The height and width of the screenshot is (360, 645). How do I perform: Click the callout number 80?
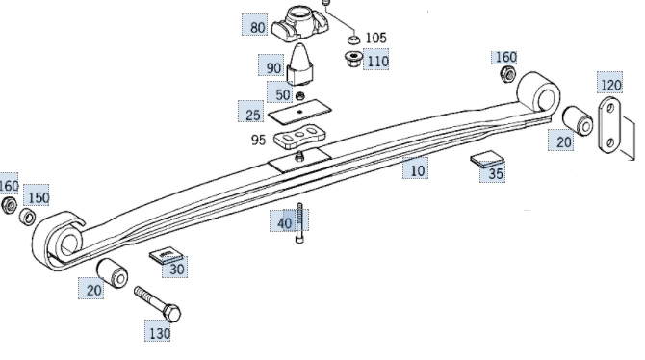257,28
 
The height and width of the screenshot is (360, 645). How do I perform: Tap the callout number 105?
376,38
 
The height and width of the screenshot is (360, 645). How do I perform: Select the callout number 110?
377,62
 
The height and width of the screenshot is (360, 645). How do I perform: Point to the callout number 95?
258,140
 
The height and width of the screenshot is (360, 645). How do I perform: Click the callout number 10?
417,170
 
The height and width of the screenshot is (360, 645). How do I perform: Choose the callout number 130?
159,333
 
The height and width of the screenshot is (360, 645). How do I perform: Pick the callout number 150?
39,198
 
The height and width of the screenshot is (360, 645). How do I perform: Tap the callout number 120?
611,85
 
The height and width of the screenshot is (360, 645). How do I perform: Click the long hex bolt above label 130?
158,304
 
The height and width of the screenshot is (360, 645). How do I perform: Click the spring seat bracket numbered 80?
300,23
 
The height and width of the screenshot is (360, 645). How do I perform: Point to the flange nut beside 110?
353,60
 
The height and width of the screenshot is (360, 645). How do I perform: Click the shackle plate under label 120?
610,125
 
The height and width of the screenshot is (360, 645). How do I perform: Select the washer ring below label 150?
28,217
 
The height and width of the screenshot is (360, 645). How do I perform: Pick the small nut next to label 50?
300,96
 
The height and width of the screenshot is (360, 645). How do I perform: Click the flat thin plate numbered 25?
299,112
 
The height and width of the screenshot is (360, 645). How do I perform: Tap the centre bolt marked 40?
299,223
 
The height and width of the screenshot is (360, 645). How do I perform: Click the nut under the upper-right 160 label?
508,74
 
